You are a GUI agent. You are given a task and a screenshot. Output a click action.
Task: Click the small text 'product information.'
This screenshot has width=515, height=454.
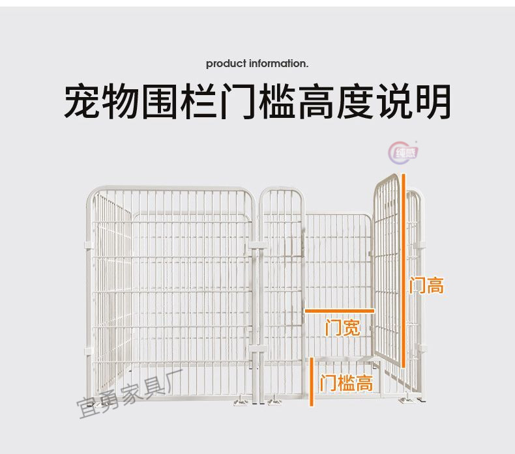[257, 64]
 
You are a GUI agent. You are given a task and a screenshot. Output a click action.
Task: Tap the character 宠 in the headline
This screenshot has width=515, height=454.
[83, 101]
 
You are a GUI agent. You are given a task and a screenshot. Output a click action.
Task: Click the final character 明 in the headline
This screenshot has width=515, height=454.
[432, 101]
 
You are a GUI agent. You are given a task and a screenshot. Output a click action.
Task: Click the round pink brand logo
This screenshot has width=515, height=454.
[405, 152]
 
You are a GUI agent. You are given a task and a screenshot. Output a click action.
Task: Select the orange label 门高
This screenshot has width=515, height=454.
[427, 285]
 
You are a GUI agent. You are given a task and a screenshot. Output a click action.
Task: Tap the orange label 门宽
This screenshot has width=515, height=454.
[342, 327]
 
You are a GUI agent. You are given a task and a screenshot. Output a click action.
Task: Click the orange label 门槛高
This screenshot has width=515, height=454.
[347, 383]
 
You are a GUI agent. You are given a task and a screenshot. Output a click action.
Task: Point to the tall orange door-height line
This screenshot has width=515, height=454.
[404, 270]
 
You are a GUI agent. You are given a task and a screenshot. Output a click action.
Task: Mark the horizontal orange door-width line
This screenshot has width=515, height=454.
[340, 311]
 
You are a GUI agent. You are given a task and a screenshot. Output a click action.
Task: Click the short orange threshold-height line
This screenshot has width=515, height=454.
[313, 382]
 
